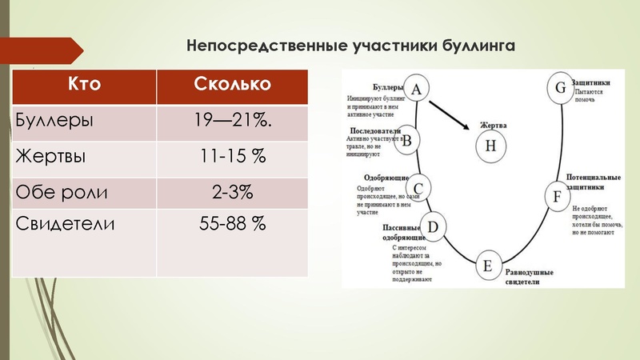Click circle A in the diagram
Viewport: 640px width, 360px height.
pos(416,90)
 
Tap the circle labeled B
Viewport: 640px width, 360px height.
pos(406,141)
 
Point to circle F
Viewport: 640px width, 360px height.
pos(557,194)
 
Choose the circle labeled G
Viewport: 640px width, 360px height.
pos(560,87)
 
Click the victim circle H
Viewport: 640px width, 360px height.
pos(491,146)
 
